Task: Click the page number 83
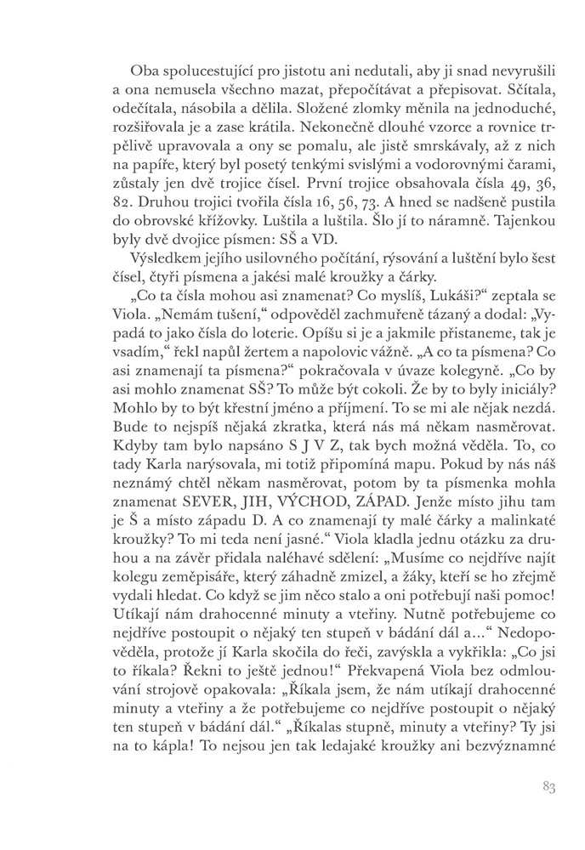click(547, 787)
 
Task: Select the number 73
click(361, 225)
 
